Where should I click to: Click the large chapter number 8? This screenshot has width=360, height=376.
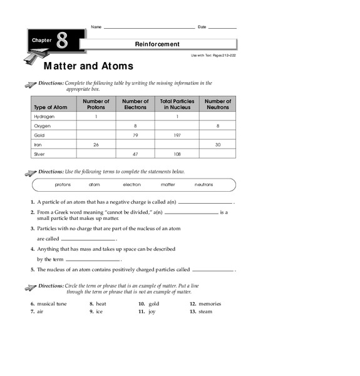pyautogui.click(x=61, y=42)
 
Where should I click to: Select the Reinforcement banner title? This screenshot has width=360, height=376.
pyautogui.click(x=157, y=44)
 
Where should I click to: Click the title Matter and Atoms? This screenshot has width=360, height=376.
pyautogui.click(x=88, y=66)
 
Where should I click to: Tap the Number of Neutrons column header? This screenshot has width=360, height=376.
pyautogui.click(x=218, y=104)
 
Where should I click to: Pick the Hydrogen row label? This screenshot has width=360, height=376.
pyautogui.click(x=44, y=117)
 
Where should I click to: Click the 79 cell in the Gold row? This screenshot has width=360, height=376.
pyautogui.click(x=135, y=135)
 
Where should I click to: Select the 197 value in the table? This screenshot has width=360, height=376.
pyautogui.click(x=177, y=135)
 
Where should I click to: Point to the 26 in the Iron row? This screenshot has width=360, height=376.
pyautogui.click(x=96, y=144)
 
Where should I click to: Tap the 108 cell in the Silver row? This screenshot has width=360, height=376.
pyautogui.click(x=177, y=154)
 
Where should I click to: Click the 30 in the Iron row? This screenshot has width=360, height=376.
pyautogui.click(x=218, y=144)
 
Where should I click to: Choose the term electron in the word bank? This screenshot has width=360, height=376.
pyautogui.click(x=131, y=185)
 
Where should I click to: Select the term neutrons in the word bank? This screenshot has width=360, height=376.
pyautogui.click(x=203, y=185)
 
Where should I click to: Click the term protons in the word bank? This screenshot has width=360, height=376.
pyautogui.click(x=63, y=185)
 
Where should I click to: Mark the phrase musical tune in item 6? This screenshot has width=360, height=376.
pyautogui.click(x=52, y=304)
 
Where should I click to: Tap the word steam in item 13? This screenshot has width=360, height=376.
pyautogui.click(x=206, y=311)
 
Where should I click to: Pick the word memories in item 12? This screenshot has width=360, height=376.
pyautogui.click(x=210, y=304)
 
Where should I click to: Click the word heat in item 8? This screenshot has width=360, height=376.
pyautogui.click(x=101, y=304)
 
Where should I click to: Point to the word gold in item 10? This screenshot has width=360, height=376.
pyautogui.click(x=154, y=304)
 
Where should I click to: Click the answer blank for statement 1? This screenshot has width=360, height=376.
pyautogui.click(x=205, y=204)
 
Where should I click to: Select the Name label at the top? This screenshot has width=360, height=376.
pyautogui.click(x=96, y=27)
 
